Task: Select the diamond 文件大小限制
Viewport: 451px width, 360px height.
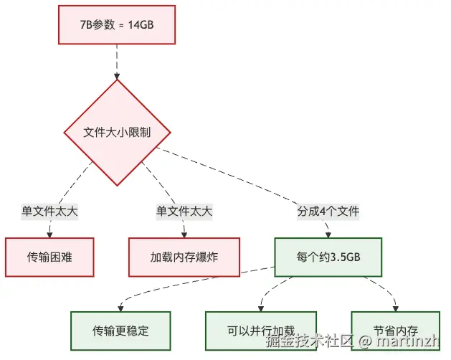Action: [x=117, y=133]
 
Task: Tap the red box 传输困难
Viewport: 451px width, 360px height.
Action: [x=49, y=257]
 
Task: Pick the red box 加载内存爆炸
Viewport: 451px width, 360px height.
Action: [x=184, y=257]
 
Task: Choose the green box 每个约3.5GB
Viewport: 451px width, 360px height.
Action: [x=328, y=257]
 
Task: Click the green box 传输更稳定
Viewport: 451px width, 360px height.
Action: [x=121, y=331]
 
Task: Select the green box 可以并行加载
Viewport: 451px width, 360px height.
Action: [x=261, y=331]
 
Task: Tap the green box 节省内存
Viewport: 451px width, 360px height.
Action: [x=396, y=331]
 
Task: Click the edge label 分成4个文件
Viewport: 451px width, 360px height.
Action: [x=328, y=212]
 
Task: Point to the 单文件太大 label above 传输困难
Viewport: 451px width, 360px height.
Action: [x=49, y=212]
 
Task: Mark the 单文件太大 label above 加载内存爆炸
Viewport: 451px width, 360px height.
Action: [x=184, y=212]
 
